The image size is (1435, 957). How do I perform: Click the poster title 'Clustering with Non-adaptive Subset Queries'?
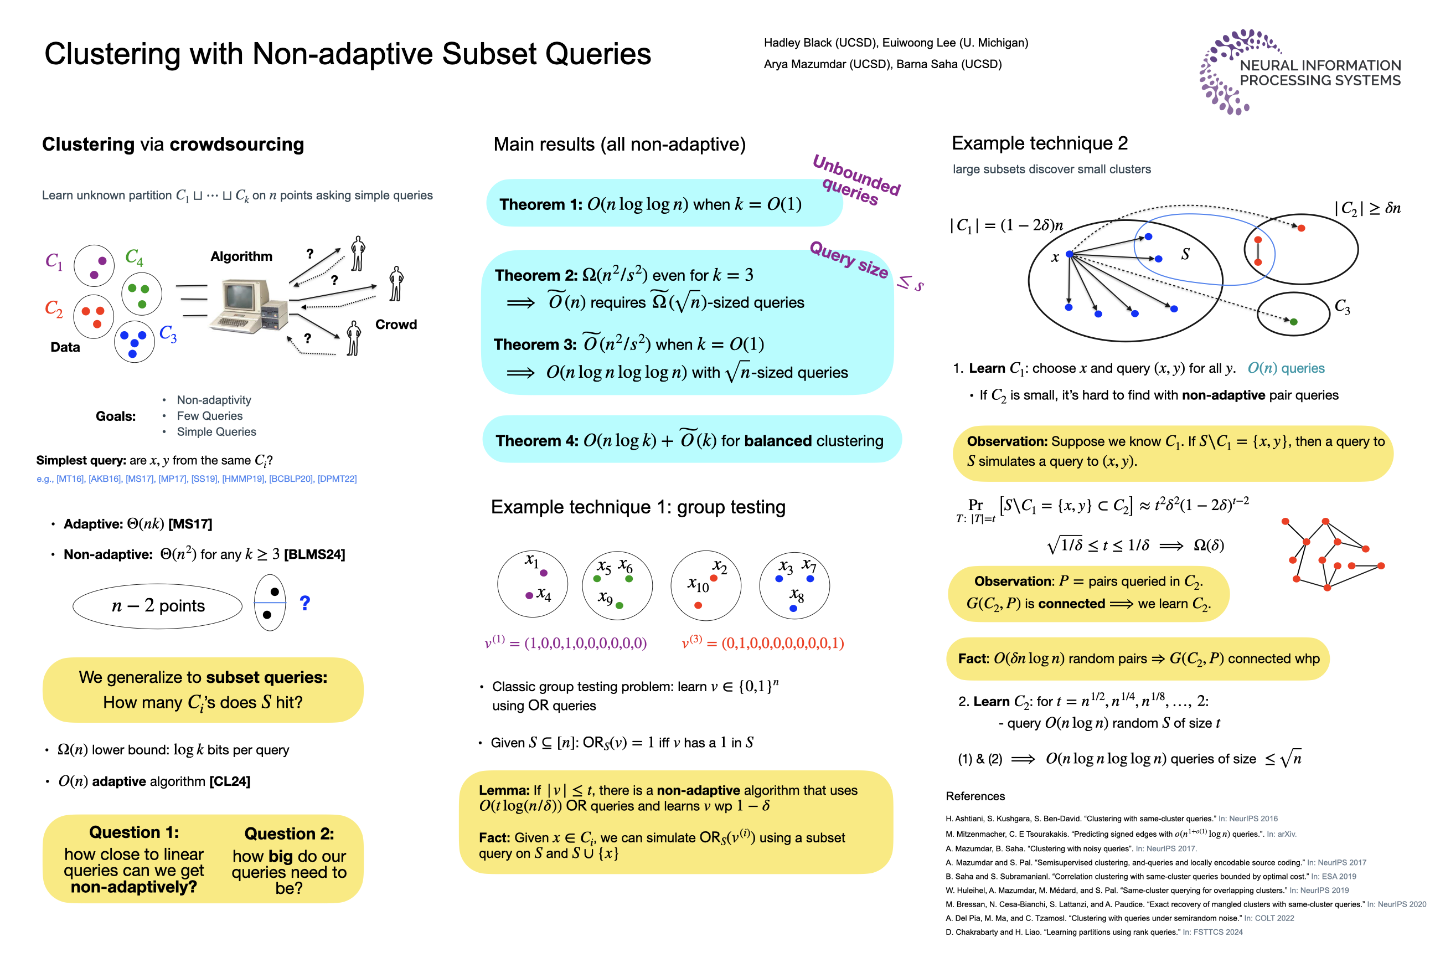click(348, 54)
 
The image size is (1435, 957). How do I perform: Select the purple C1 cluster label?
click(54, 261)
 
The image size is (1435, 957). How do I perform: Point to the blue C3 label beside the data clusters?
click(168, 333)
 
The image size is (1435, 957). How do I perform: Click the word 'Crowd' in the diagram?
click(396, 324)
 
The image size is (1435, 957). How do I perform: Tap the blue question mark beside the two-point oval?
click(305, 603)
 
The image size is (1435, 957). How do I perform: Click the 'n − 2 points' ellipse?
click(157, 605)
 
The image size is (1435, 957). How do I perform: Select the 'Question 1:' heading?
click(134, 832)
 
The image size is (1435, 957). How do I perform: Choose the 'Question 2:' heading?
click(288, 833)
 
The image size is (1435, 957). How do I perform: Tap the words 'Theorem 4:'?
click(536, 441)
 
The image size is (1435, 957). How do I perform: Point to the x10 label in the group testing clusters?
click(698, 585)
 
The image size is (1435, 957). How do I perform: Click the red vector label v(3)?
click(692, 642)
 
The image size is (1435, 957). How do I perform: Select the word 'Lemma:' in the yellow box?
click(503, 790)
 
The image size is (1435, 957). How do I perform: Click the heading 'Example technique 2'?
click(1039, 143)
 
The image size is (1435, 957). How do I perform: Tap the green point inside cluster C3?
click(1293, 322)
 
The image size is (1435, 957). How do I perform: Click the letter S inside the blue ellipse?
click(1185, 254)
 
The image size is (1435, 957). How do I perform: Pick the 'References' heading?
click(974, 796)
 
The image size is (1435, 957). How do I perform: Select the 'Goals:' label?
click(115, 416)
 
